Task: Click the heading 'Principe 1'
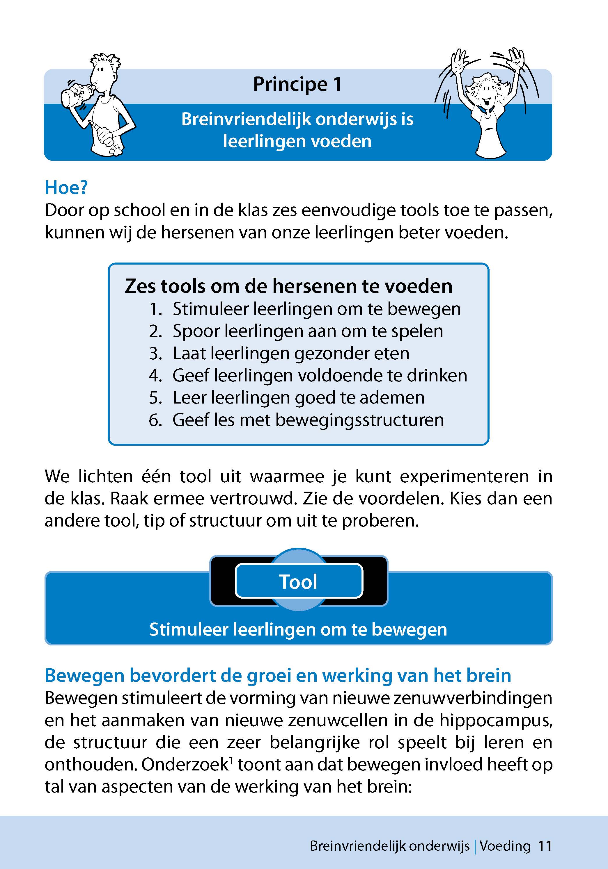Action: pyautogui.click(x=297, y=84)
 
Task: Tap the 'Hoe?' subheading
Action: pyautogui.click(x=66, y=187)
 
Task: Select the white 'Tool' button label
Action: pyautogui.click(x=299, y=582)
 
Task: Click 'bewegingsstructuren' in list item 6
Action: pyautogui.click(x=359, y=420)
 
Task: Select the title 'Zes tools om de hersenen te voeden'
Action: pyautogui.click(x=288, y=286)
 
